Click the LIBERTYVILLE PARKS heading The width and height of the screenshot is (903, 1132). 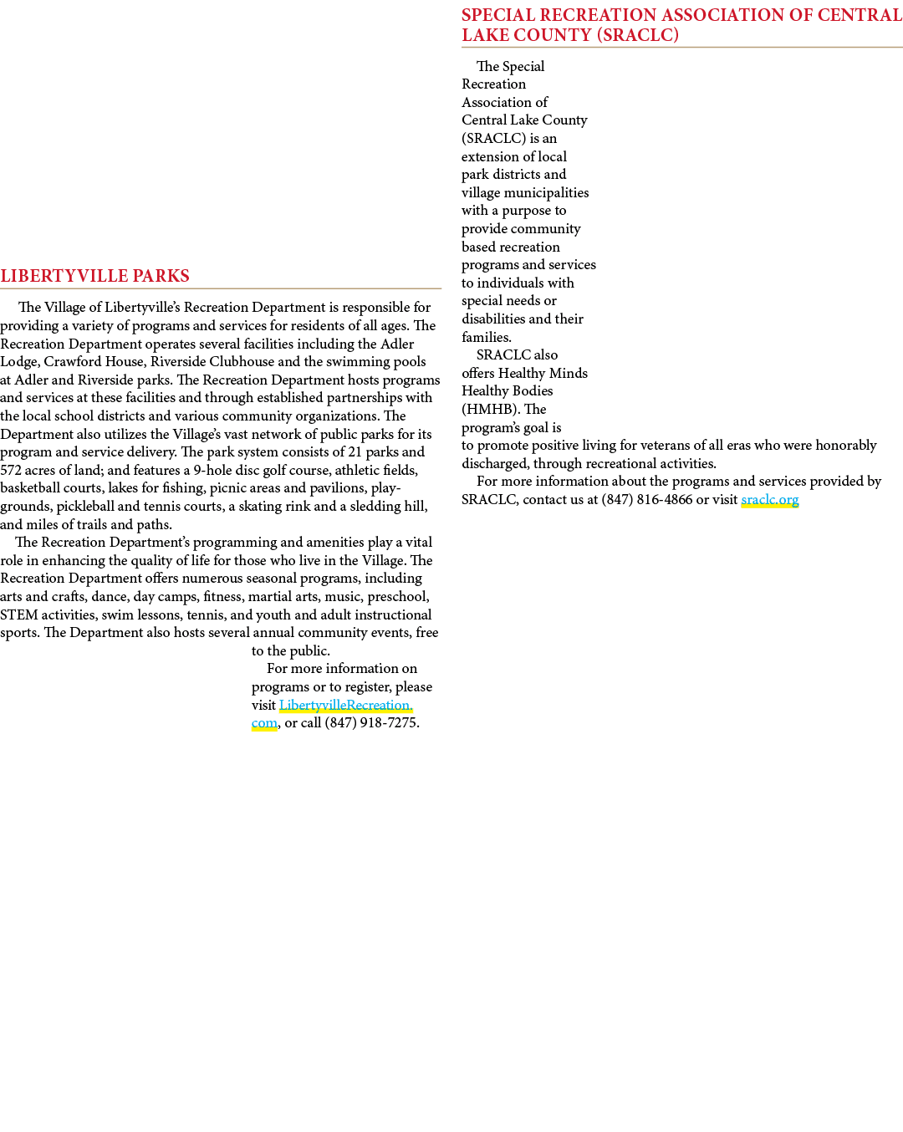click(94, 276)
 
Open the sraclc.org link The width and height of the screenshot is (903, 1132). click(770, 500)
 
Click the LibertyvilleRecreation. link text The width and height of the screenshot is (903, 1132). click(345, 706)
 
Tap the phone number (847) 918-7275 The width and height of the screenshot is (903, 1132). click(371, 723)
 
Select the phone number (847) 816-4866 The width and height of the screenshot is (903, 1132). click(646, 500)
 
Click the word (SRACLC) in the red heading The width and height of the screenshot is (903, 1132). click(638, 35)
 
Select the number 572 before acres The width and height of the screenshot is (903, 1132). click(11, 470)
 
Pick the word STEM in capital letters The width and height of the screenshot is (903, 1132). click(19, 615)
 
